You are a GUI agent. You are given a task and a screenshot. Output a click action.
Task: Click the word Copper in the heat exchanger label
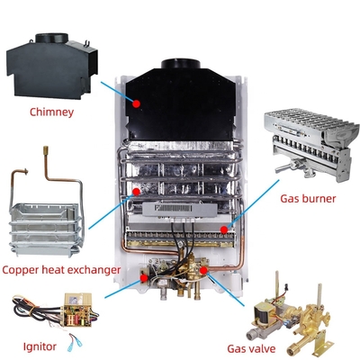point(22,269)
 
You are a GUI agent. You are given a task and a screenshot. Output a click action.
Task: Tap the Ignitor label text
point(36,346)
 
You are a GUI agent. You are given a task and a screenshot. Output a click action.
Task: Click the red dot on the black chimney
point(137,103)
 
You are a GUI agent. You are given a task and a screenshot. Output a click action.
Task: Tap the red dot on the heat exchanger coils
point(136,191)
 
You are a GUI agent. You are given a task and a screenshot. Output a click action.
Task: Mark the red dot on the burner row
point(223,229)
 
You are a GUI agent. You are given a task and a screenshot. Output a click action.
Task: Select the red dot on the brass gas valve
point(205,268)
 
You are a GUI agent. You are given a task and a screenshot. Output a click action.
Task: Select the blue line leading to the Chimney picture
point(115,90)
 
